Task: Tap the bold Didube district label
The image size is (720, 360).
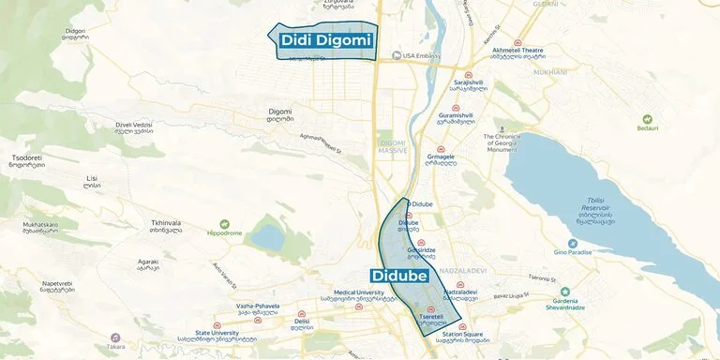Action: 399,276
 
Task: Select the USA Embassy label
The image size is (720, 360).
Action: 422,55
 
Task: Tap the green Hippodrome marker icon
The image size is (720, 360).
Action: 224,223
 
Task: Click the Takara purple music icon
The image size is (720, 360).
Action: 115,337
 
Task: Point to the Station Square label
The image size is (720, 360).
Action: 462,335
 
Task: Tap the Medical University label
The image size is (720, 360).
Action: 352,295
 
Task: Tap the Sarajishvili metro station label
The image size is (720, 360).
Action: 468,84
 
